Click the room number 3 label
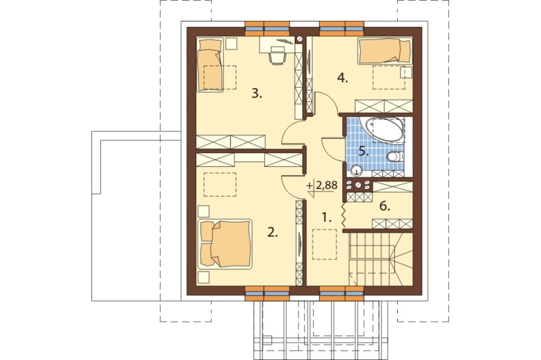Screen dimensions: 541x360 point(257,93)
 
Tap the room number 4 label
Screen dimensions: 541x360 point(342,79)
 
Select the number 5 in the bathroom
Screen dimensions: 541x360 point(363,151)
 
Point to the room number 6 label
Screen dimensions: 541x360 point(385,206)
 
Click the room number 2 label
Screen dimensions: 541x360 point(273,233)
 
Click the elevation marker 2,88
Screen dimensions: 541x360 point(322,186)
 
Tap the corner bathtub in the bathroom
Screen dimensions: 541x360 point(384,129)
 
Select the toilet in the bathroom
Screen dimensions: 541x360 point(395,157)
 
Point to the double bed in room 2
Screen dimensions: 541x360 point(225,244)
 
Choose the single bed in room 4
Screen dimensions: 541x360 point(385,51)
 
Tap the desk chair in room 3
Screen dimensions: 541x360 point(278,56)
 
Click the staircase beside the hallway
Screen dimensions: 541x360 point(380,259)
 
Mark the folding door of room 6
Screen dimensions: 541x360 point(344,216)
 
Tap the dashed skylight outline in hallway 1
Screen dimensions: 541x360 point(324,244)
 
